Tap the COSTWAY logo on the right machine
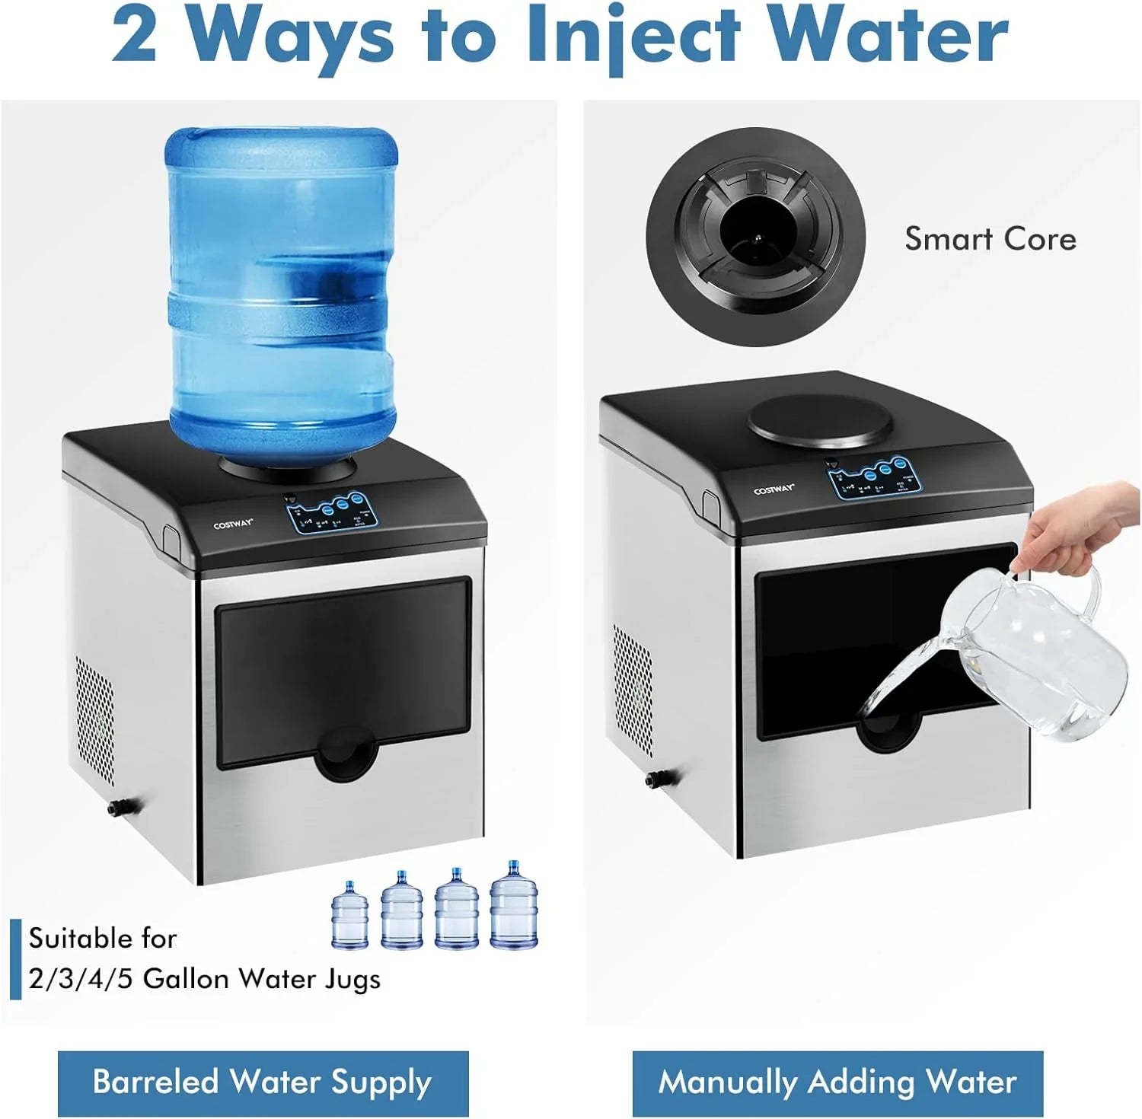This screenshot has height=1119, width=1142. coord(774,489)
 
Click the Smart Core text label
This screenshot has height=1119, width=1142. coord(990,239)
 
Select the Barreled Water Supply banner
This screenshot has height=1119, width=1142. coord(263,1082)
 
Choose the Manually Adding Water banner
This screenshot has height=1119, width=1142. coord(837,1082)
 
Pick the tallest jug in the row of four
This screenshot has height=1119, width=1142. coord(514,905)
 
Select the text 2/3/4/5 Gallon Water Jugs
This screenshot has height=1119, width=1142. coord(204,979)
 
